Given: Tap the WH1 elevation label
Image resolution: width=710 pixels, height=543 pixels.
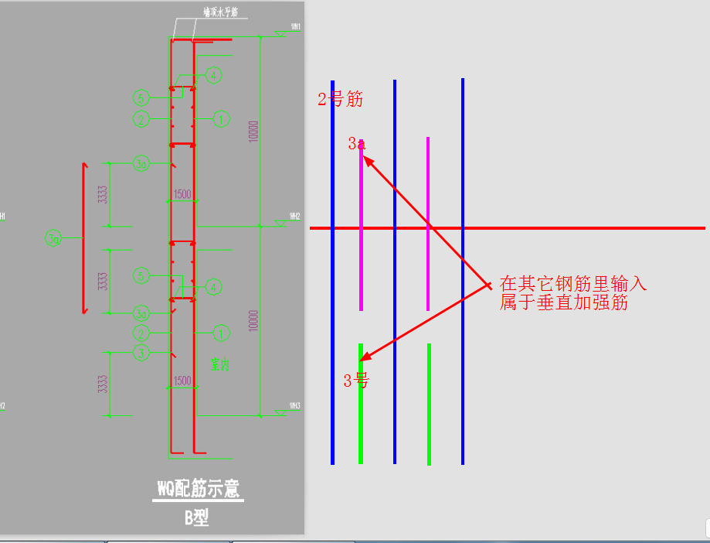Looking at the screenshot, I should coord(296,27).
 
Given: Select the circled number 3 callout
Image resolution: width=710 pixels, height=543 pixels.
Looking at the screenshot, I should coord(140,352).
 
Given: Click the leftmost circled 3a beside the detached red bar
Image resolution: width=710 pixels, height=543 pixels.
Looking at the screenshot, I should coord(53,239).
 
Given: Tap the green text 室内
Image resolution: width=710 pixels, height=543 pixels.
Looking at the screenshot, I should coord(222,365).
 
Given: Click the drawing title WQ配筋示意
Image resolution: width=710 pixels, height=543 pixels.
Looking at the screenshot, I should coord(198,489).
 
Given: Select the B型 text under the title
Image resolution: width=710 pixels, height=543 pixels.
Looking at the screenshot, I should coord(197,517).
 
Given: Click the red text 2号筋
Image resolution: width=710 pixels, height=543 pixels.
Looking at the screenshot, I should coord(340,99).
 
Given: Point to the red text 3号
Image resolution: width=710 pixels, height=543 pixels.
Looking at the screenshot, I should coord(355,380).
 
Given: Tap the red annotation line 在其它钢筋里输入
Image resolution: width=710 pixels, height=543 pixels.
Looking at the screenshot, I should coord(572,283).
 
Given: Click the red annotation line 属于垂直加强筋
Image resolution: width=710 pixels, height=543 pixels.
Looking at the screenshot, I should coord(563,302).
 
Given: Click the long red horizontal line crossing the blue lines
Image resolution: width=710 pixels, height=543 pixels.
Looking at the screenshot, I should coord(587,228).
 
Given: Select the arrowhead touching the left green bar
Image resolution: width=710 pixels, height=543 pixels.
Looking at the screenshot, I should coord(365,357).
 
